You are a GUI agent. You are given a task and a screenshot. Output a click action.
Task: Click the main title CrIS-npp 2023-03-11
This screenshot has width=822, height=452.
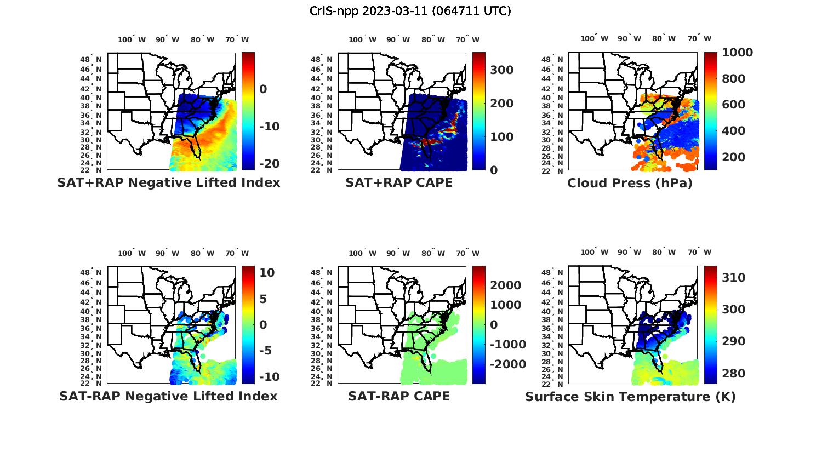coord(410,10)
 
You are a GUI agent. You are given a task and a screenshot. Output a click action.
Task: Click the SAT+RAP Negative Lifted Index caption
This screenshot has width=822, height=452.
coord(168,182)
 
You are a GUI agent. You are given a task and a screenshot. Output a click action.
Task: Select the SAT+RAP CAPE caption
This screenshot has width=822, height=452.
coord(399,182)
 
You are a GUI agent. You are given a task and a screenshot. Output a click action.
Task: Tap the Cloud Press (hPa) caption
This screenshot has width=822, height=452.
coord(630,183)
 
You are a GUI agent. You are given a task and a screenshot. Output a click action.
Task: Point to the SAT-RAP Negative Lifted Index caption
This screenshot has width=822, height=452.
coord(168,396)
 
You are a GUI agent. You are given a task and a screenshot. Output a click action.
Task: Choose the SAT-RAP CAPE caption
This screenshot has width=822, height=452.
coord(399,396)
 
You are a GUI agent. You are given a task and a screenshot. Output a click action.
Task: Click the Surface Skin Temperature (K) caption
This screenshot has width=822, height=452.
coord(630,397)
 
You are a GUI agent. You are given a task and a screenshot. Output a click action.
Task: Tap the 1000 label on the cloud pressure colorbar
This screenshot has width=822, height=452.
coord(737,53)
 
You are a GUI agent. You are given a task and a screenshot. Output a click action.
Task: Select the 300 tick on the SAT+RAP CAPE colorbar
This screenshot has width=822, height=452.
coord(501,70)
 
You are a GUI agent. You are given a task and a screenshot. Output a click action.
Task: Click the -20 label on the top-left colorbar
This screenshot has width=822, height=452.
coord(269,164)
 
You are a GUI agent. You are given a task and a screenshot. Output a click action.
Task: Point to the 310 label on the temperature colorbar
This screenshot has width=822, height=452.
coord(733,278)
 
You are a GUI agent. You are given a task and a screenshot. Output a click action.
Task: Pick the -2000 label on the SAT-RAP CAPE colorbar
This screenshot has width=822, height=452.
coord(507,364)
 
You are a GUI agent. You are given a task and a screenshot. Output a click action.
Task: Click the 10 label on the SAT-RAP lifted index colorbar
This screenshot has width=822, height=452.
coord(267,273)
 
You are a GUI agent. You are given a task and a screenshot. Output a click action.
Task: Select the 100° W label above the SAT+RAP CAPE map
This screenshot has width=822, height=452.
coord(362,39)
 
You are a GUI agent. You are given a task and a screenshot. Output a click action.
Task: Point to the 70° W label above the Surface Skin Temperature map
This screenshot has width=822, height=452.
coord(699,253)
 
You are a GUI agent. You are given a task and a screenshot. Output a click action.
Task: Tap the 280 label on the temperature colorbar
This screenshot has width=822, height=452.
coord(733,374)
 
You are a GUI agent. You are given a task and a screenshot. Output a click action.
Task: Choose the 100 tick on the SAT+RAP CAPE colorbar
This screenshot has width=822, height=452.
coord(501,137)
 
